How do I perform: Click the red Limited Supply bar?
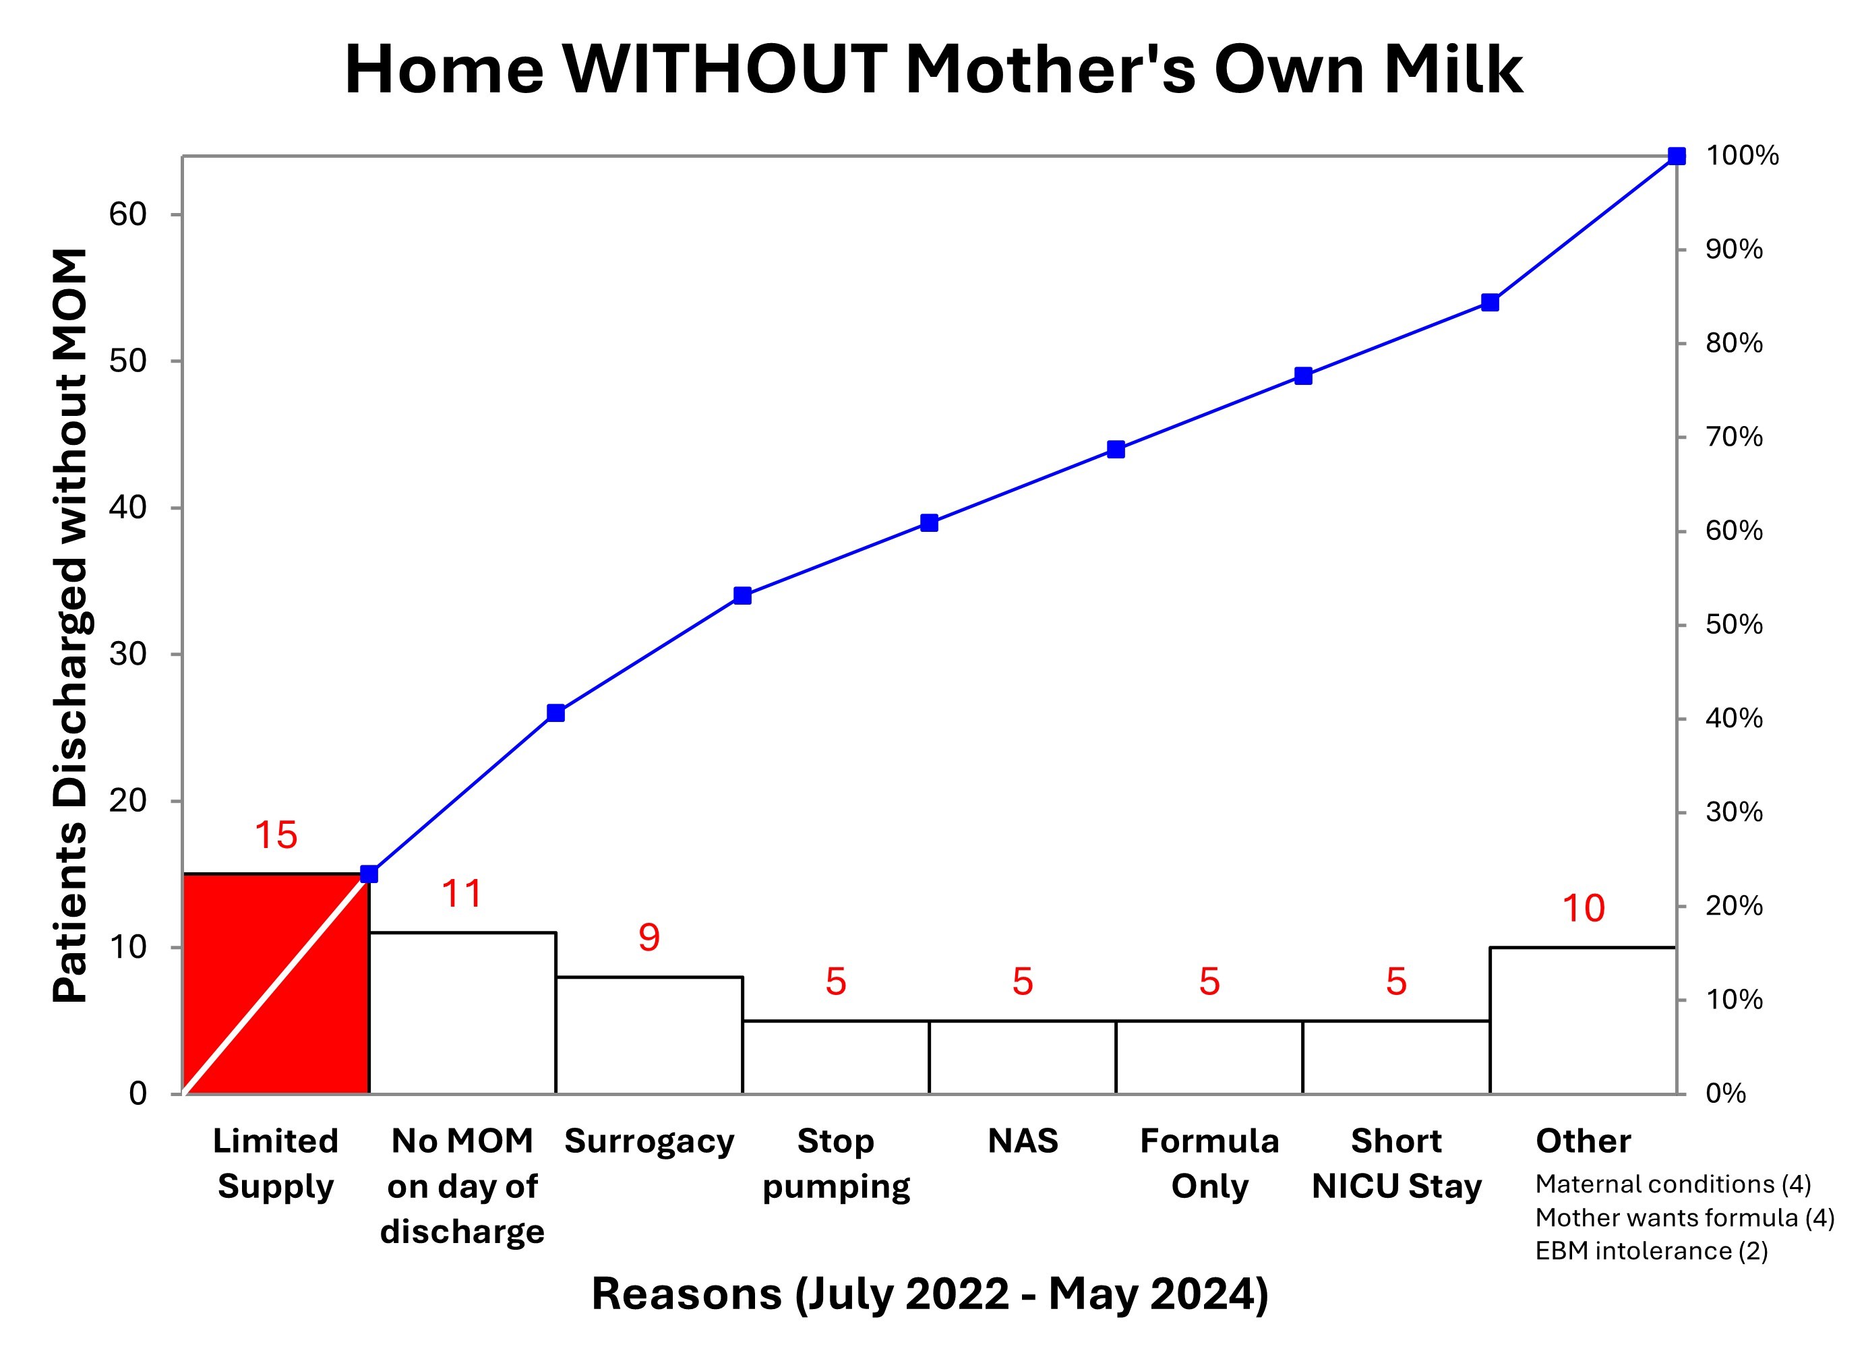(276, 983)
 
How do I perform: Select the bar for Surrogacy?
(649, 1035)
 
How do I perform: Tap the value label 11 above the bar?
(462, 893)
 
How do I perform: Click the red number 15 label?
(276, 835)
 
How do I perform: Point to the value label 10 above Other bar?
(1584, 908)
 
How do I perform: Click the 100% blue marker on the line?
(1677, 156)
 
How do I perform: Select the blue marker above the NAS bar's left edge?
(930, 522)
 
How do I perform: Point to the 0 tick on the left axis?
(138, 1093)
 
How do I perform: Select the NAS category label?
(1023, 1141)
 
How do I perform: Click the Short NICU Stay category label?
(1396, 1163)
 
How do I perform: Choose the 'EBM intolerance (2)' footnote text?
(1652, 1250)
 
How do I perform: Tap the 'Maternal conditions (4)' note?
(1673, 1184)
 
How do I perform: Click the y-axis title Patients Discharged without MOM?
(70, 626)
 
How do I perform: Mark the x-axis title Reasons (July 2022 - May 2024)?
(930, 1294)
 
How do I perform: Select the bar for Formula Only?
(1209, 1057)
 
